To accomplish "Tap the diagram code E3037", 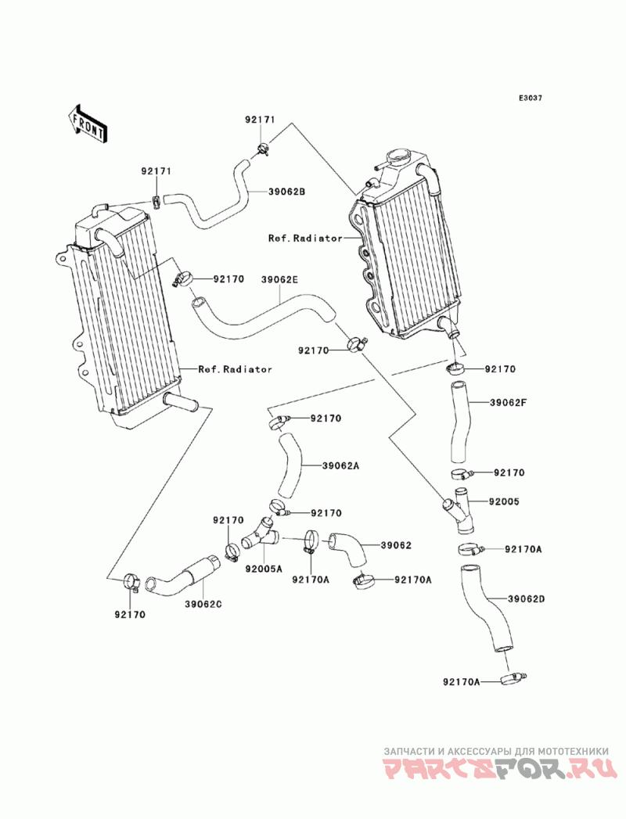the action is [531, 98].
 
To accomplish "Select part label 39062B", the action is [287, 192].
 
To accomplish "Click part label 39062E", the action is [279, 280].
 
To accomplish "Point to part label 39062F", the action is [509, 403].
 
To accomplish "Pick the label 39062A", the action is [340, 465].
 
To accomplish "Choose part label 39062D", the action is [526, 599].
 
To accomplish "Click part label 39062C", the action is [203, 605].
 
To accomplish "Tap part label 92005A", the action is [264, 569].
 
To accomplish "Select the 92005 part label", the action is [504, 502].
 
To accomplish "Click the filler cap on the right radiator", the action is [399, 156].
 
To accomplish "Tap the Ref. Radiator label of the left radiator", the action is [236, 369].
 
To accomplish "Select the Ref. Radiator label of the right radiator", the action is [306, 238].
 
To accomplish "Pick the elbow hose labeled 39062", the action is [348, 550].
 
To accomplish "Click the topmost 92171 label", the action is [260, 120].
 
